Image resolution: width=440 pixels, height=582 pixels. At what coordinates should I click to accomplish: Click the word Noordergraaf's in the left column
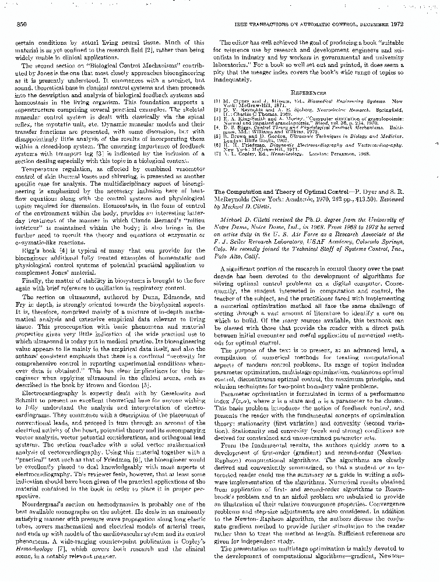coord(47,502)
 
